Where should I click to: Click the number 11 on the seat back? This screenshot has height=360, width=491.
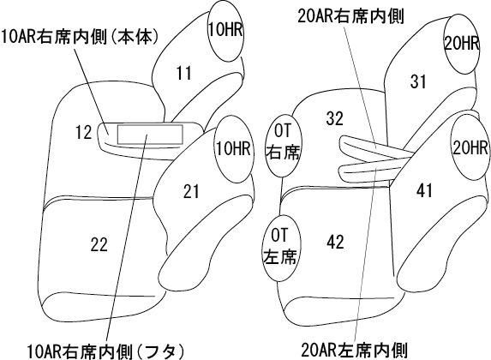tap(184, 73)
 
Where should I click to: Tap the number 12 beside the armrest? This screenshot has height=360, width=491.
tap(83, 132)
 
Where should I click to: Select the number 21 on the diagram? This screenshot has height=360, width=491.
tap(191, 191)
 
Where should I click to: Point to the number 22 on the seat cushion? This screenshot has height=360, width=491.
tap(99, 244)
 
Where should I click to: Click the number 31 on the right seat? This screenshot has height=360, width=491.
tap(418, 81)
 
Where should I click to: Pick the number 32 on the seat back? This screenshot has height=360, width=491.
tap(335, 118)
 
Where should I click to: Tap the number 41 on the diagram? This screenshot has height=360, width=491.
tap(425, 190)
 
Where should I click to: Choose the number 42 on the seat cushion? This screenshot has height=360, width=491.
tap(335, 242)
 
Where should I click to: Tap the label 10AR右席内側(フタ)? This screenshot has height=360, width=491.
tap(106, 351)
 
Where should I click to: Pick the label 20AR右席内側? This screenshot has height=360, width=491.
tap(350, 16)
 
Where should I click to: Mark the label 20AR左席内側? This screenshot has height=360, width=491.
tap(354, 350)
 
